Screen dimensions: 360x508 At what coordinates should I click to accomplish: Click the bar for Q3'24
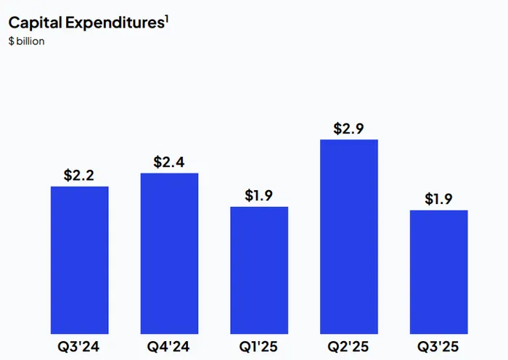80,260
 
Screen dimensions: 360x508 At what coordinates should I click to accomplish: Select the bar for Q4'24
169,253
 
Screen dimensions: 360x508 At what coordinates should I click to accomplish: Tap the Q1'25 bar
259,270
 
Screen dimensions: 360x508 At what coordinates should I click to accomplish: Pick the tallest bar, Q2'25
349,237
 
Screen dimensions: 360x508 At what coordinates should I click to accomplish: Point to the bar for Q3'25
438,271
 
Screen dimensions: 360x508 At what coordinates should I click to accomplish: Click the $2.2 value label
80,175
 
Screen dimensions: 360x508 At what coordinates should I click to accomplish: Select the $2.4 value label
169,162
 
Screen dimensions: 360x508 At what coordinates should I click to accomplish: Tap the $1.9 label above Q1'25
259,195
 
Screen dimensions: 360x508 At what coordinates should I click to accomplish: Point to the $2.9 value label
349,128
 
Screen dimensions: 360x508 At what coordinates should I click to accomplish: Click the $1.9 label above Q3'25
438,199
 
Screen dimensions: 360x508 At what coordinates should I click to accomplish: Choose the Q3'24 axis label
80,346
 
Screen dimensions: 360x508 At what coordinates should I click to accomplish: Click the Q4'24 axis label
169,346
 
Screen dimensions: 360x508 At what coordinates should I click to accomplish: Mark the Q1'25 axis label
259,346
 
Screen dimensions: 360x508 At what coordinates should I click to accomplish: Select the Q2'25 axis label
349,346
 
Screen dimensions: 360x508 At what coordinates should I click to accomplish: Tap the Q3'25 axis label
438,346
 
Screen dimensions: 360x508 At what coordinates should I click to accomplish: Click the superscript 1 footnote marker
166,17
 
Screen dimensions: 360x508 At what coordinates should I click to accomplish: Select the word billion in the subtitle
30,41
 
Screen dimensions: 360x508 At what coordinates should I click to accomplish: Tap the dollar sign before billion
11,41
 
